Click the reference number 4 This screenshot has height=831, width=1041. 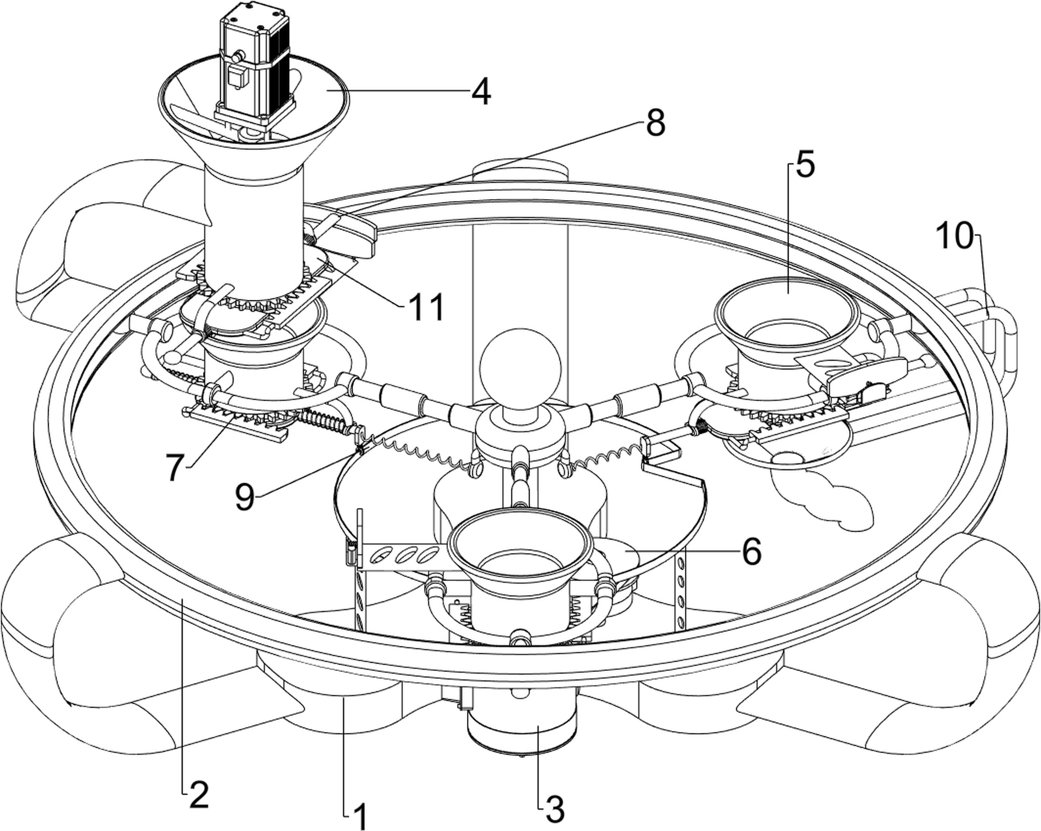pos(481,91)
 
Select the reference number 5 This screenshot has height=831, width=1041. pos(805,164)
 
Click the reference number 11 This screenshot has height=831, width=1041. pos(426,307)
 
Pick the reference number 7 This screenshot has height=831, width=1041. pos(175,468)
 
